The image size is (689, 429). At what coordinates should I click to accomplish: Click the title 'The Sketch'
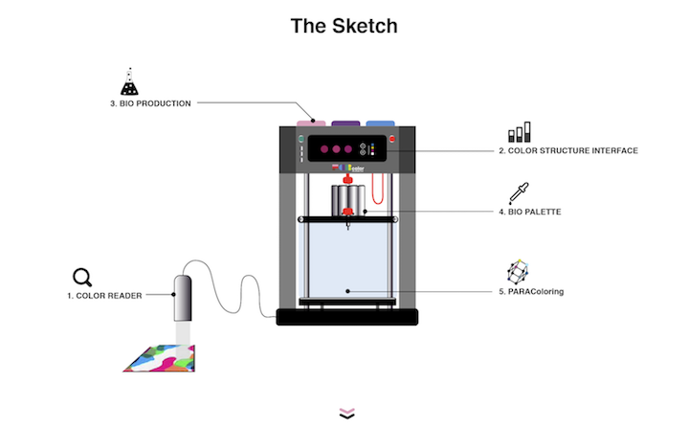[344, 26]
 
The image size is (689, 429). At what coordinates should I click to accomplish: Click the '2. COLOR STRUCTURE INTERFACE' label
[567, 150]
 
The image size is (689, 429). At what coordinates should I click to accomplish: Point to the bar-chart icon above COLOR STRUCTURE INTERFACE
[519, 133]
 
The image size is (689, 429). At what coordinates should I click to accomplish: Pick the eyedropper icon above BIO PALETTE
[518, 192]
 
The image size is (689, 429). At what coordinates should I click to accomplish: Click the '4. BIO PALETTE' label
[529, 212]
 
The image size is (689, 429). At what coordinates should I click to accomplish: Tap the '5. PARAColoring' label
[531, 291]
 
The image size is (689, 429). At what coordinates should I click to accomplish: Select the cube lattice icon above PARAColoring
[518, 271]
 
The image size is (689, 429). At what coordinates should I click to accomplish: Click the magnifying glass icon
[83, 278]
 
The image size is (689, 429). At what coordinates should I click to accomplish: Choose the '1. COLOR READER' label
[104, 296]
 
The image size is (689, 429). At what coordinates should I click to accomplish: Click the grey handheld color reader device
[182, 298]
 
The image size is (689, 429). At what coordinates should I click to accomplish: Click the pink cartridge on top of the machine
[312, 123]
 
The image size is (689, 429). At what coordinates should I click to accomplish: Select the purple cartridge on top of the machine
[346, 123]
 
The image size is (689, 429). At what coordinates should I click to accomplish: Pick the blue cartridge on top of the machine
[381, 123]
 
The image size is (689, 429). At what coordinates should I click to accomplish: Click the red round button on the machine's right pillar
[392, 139]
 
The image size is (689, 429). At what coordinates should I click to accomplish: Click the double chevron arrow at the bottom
[346, 413]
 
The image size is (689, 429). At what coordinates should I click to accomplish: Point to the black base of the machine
[346, 317]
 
